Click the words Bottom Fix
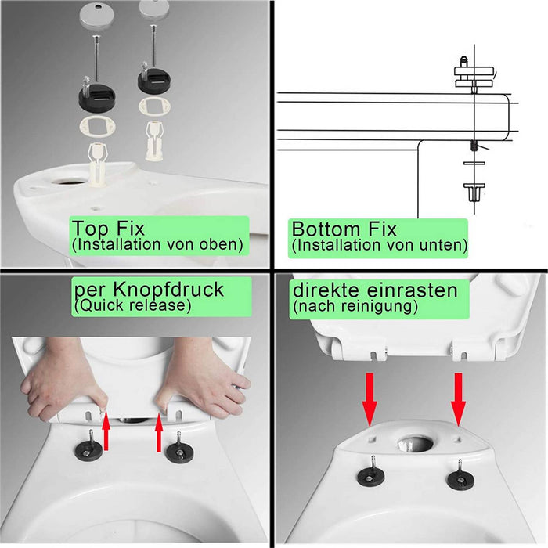(x=344, y=229)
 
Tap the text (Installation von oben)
(x=157, y=245)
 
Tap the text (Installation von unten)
(x=380, y=245)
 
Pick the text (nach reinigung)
(x=355, y=306)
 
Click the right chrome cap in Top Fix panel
(x=152, y=9)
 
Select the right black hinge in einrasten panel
(x=457, y=478)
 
